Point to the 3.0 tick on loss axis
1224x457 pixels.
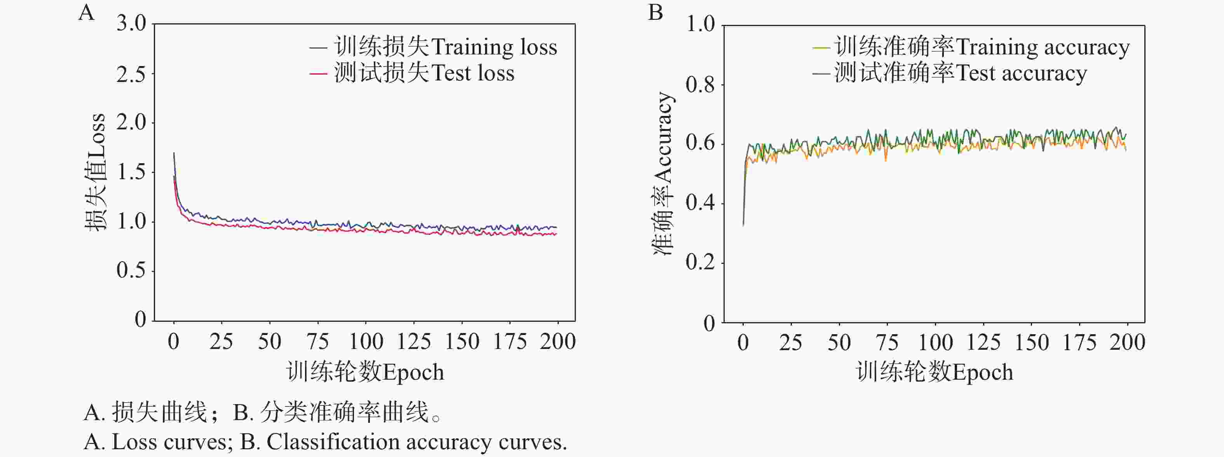tap(131, 23)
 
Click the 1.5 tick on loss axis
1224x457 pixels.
tap(131, 172)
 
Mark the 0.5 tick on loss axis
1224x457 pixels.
tap(131, 271)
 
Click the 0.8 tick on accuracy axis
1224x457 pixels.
tap(700, 85)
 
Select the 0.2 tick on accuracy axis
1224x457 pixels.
tap(700, 263)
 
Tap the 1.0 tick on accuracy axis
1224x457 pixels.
tap(700, 24)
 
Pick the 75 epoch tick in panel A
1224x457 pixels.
tap(317, 342)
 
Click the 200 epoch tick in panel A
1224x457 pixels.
tap(557, 342)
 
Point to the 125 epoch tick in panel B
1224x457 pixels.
tap(984, 342)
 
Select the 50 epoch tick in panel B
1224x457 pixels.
tap(839, 342)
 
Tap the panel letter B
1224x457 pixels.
tap(655, 12)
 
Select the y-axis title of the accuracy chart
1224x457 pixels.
tap(663, 174)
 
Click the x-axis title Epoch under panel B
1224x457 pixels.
tap(934, 372)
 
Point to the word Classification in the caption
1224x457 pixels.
tap(332, 442)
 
